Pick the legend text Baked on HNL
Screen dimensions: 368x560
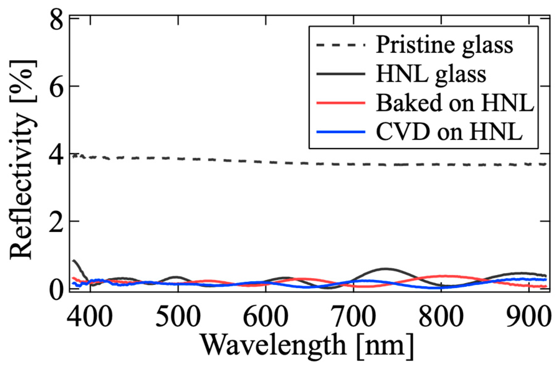pyautogui.click(x=455, y=103)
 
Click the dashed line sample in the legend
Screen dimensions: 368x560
pyautogui.click(x=340, y=45)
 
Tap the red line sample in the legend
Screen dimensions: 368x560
pyautogui.click(x=340, y=103)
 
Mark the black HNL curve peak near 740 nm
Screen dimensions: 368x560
pyautogui.click(x=386, y=268)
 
